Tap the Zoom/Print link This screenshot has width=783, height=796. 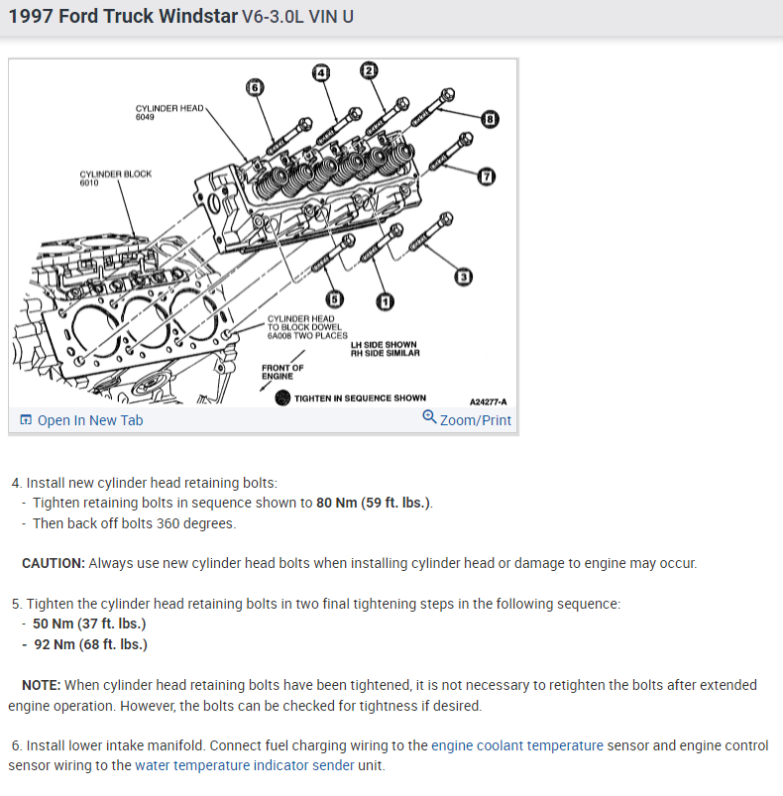[x=467, y=419]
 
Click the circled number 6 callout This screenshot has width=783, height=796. [x=255, y=87]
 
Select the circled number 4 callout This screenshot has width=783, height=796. [x=320, y=72]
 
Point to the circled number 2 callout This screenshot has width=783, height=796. [x=369, y=69]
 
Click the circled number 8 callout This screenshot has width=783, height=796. [x=490, y=120]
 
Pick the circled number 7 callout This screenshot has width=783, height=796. [x=486, y=176]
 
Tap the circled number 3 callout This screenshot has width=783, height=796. [x=464, y=277]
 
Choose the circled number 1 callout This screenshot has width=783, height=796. [x=384, y=301]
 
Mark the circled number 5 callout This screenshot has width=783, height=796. [x=335, y=298]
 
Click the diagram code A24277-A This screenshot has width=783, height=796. [x=488, y=402]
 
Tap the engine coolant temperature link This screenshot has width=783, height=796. [x=517, y=745]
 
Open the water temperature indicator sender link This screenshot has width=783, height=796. [x=254, y=765]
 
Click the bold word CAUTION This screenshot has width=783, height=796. [x=54, y=563]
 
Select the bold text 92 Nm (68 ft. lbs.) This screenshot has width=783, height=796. [x=90, y=644]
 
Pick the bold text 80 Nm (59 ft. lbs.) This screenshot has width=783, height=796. [x=374, y=503]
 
